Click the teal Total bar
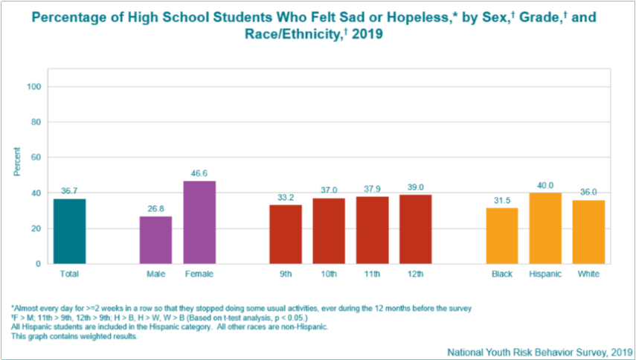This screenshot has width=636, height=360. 69,231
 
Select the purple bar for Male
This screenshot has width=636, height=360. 155,240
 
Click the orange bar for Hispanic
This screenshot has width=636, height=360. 545,228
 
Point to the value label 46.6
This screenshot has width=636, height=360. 199,173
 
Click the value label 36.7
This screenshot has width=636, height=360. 69,190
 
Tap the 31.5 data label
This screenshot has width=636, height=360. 502,199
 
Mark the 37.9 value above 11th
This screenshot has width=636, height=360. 372,188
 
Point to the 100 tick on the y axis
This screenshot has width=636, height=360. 32,86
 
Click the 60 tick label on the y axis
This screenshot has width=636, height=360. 34,157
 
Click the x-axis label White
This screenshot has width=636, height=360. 588,274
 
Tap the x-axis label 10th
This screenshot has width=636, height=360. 329,274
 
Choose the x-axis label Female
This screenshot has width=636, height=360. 199,274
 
